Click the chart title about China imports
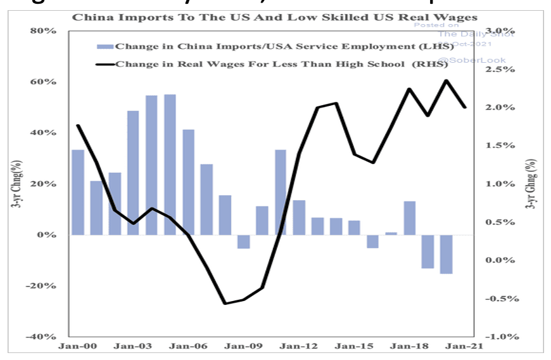tap(275, 16)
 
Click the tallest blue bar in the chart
tap(170, 165)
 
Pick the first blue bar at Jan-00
tap(78, 192)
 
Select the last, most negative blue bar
tap(446, 254)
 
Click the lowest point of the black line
tap(225, 304)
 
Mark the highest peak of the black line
tap(446, 80)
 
